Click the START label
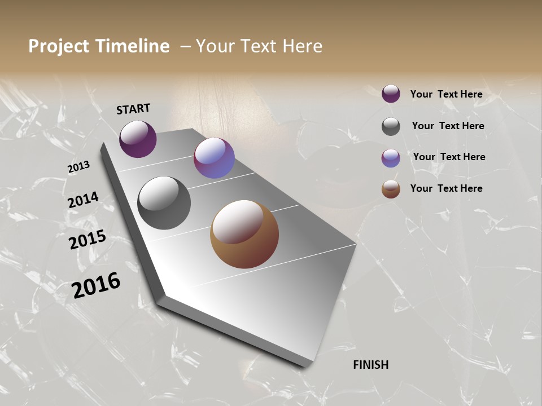tap(133, 109)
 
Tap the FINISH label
tap(371, 365)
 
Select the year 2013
tap(79, 167)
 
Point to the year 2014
tap(83, 200)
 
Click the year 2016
tap(96, 285)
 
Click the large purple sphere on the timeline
tap(138, 139)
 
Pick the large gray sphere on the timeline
tap(164, 203)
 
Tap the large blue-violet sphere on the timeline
tap(214, 158)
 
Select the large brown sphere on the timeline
tap(244, 235)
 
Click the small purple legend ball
tap(391, 94)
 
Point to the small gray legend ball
tap(391, 126)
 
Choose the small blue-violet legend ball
tap(391, 158)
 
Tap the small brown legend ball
tap(391, 189)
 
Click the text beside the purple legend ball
tap(446, 94)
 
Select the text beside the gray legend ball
tap(448, 126)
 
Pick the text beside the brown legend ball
tap(446, 188)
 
